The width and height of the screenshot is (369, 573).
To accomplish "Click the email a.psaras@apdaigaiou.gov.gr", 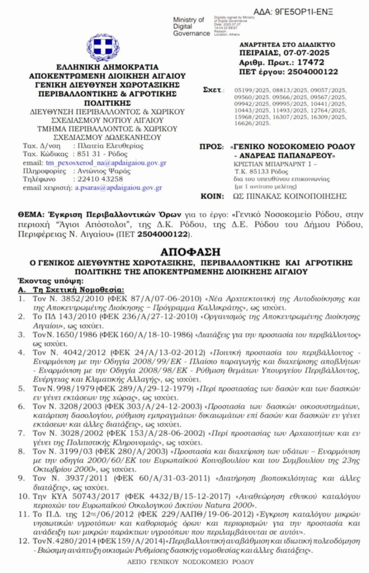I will (x=119, y=189).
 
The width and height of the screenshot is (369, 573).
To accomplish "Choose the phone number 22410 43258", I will (x=96, y=179).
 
